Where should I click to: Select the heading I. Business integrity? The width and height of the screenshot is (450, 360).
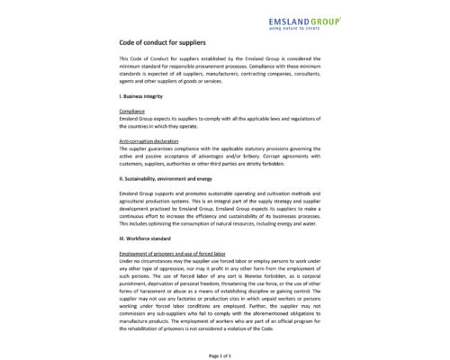pos(146,94)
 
